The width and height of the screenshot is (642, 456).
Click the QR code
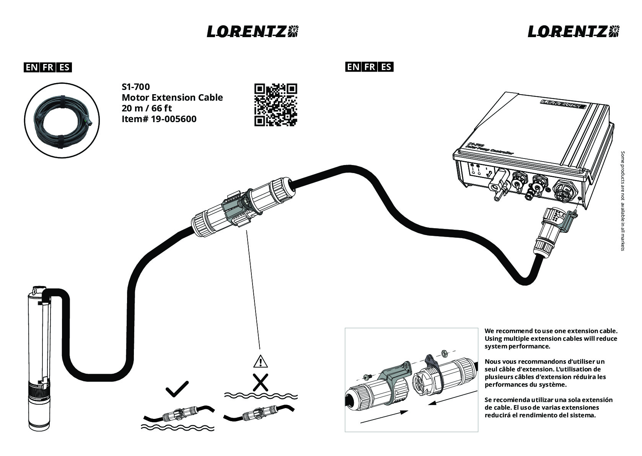click(276, 105)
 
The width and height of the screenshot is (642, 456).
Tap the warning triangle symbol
click(261, 361)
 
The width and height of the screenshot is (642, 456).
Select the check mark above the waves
click(177, 389)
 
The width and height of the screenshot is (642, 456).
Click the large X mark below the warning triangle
click(261, 382)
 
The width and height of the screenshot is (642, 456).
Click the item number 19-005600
click(174, 119)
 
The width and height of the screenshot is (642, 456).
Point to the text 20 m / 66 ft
click(147, 108)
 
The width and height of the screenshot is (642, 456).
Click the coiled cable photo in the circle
click(62, 120)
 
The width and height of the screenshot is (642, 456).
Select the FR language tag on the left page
click(48, 67)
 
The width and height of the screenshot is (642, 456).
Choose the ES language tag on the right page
click(386, 67)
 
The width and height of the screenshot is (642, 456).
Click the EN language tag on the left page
click(31, 67)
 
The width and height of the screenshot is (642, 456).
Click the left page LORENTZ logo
click(253, 31)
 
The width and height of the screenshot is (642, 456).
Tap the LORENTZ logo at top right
click(574, 31)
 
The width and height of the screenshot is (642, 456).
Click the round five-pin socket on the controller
click(563, 191)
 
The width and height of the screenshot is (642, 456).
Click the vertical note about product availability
click(622, 201)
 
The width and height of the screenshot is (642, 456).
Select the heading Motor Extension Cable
click(172, 98)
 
